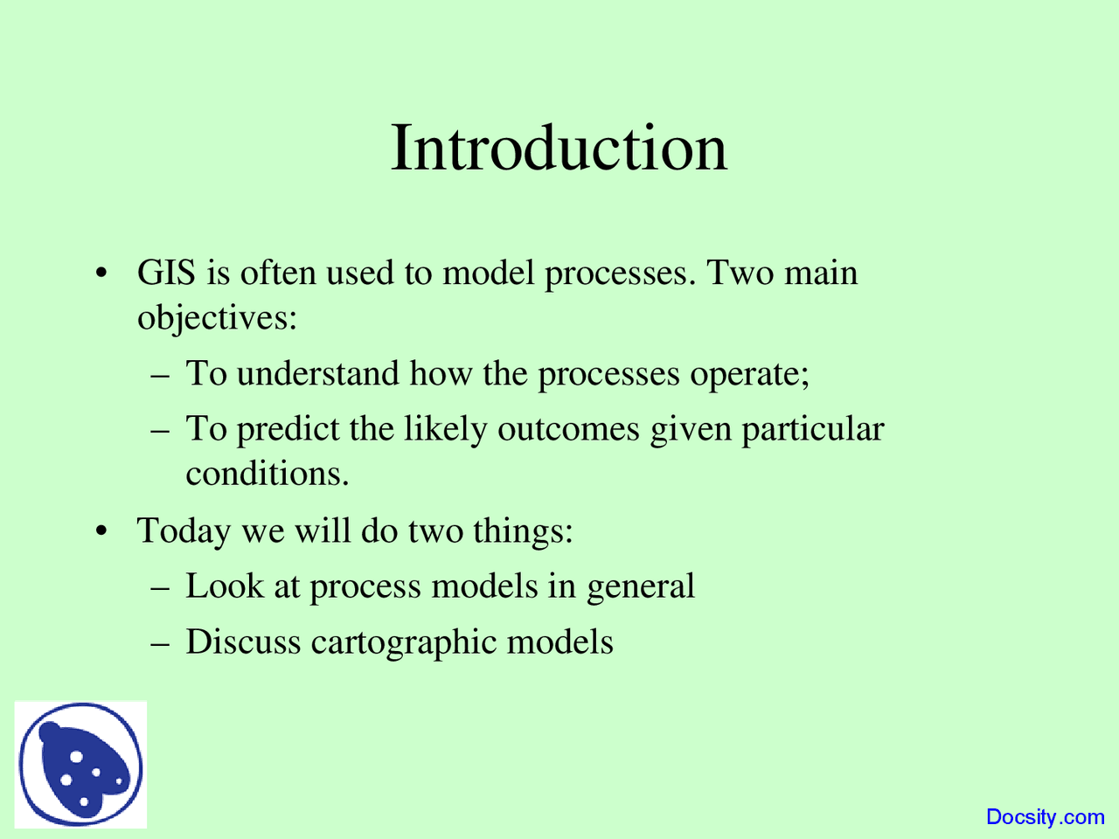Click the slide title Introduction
point(559,148)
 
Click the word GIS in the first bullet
point(166,272)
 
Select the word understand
point(317,373)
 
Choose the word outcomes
point(568,430)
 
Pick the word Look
point(225,586)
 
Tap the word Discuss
point(243,641)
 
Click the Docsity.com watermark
point(1045,817)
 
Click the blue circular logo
point(80,764)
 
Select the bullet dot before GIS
point(101,273)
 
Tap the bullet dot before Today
point(101,530)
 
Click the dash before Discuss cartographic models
point(160,644)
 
